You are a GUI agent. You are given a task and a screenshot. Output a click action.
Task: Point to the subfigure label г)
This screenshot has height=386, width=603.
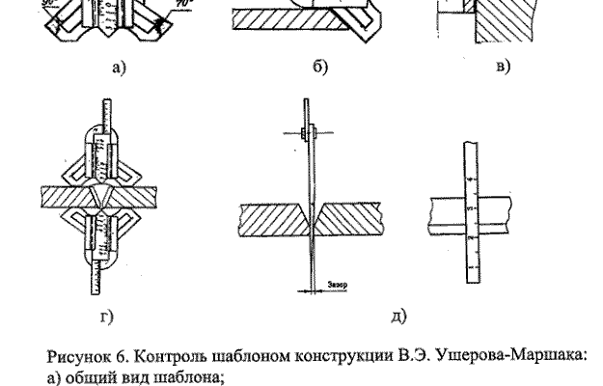pos(107,313)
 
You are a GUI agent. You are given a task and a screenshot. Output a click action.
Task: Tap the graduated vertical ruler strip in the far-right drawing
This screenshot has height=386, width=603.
pos(472,207)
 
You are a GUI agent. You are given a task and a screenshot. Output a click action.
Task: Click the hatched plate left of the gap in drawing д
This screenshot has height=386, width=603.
pos(270,221)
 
